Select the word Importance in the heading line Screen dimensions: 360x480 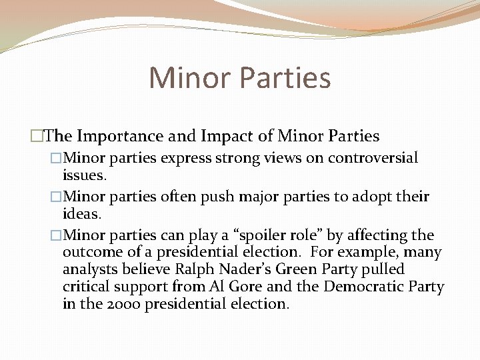point(126,137)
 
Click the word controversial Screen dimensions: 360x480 point(376,158)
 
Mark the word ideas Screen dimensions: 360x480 point(81,214)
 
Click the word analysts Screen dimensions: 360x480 point(87,270)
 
